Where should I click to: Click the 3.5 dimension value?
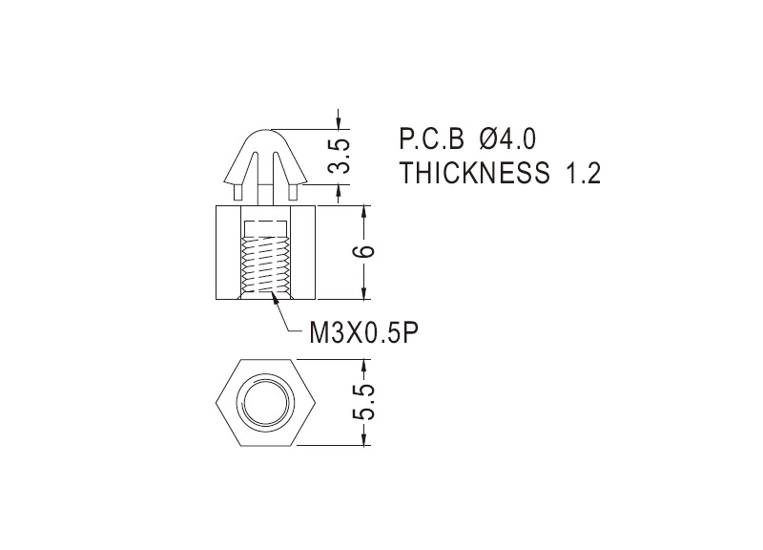point(339,157)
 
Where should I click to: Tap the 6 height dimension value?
point(364,251)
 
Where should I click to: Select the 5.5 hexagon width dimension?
point(364,402)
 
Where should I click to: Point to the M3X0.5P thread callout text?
point(364,333)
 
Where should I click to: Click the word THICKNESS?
point(474,173)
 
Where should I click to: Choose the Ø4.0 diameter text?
point(507,138)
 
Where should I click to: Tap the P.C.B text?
point(432,138)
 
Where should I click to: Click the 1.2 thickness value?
point(583,173)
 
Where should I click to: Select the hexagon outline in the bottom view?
point(217,403)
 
